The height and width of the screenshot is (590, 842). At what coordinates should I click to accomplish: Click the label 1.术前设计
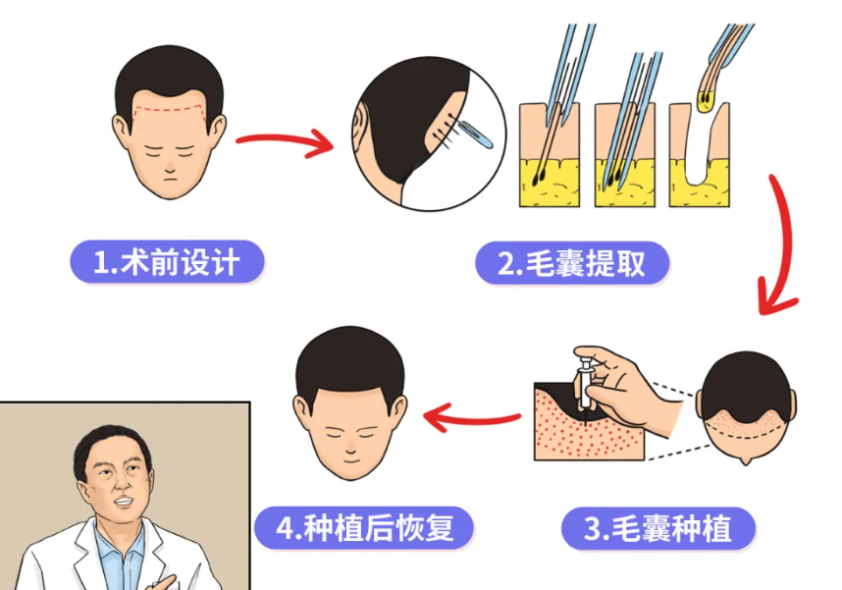pyautogui.click(x=168, y=262)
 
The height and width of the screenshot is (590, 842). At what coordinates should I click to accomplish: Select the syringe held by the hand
pyautogui.click(x=590, y=383)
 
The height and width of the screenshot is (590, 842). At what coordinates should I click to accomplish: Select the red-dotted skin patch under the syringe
pyautogui.click(x=569, y=432)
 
